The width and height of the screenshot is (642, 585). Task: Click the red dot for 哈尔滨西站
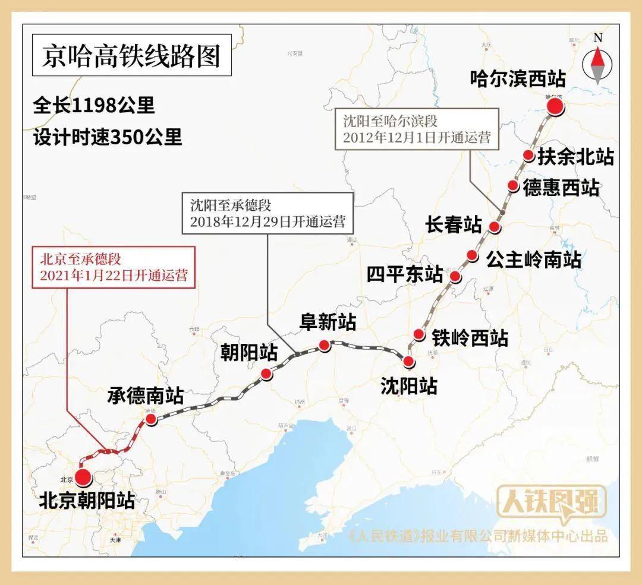(x=555, y=107)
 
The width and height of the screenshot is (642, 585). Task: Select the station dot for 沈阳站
(x=408, y=362)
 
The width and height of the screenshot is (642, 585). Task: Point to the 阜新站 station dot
(x=324, y=344)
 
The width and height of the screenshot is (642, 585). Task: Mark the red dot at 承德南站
(x=151, y=419)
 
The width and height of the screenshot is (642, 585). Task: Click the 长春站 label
(x=454, y=224)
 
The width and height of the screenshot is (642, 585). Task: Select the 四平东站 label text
(x=404, y=274)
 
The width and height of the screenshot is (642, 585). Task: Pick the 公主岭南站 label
(x=533, y=259)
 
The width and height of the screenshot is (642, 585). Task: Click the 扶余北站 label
(x=575, y=157)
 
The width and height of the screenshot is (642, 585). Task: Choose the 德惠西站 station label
(x=561, y=188)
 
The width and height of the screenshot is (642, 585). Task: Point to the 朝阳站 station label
(x=249, y=353)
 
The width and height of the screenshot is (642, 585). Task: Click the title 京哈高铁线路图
(x=131, y=56)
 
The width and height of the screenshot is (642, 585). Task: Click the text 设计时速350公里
(x=107, y=137)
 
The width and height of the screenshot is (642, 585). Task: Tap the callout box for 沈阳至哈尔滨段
(x=417, y=129)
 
